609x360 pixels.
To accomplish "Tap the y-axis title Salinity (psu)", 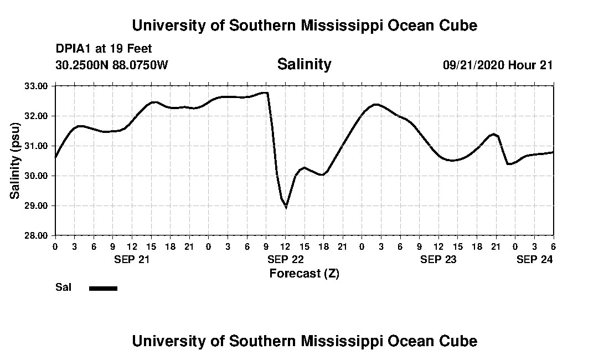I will pos(15,161).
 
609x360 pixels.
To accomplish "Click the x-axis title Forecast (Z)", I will pos(304,273).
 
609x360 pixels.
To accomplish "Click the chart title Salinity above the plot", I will pos(304,64).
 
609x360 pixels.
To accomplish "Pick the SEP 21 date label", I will pos(132,259).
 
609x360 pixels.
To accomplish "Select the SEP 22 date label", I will pos(285,259).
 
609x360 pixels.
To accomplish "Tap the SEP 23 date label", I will pos(438,259).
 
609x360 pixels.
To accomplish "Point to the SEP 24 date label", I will pos(534,259).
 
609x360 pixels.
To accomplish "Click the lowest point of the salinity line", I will pos(286,207).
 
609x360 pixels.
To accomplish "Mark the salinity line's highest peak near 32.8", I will pos(266,92).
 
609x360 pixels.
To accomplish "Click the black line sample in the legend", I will pos(103,288).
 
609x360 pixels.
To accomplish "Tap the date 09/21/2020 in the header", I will pos(473,65).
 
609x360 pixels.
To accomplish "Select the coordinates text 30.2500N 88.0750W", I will pos(111,65).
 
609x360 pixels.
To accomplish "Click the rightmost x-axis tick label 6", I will pos(553,246).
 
